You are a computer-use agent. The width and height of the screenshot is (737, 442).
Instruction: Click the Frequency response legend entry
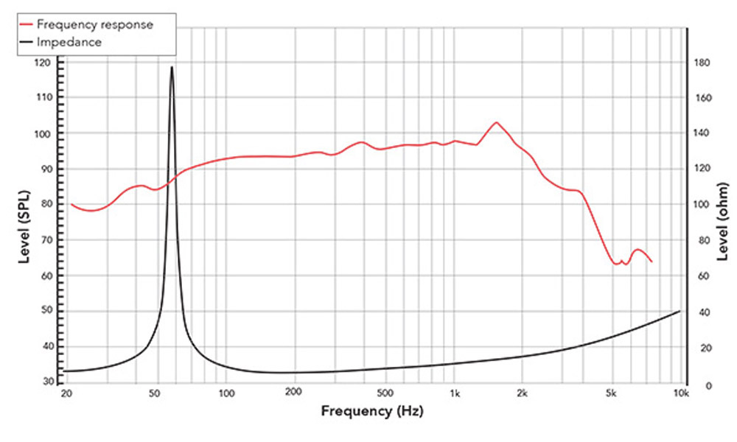(94, 24)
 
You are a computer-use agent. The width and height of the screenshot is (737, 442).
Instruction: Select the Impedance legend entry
(69, 43)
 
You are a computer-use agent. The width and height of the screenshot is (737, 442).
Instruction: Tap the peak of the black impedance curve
(172, 67)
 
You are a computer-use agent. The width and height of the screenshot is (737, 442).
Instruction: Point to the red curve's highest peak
(496, 122)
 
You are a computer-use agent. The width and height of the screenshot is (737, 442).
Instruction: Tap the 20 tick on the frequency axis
(67, 395)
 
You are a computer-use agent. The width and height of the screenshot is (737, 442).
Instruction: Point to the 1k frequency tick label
(455, 395)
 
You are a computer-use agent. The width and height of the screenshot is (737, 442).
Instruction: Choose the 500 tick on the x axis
(384, 395)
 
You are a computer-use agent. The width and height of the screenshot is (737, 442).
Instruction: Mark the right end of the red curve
(652, 262)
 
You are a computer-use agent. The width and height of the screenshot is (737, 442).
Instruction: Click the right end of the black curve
(680, 311)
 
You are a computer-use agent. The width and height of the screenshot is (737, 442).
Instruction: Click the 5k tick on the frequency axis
(612, 395)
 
